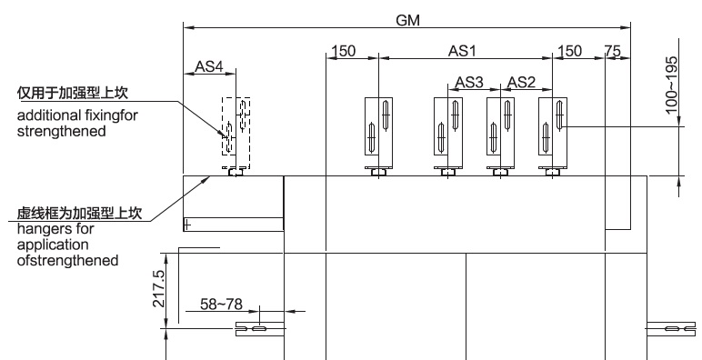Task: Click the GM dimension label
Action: coord(408,20)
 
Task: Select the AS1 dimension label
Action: coord(462,51)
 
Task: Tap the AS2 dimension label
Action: coord(521,83)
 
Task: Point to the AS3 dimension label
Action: coord(469,83)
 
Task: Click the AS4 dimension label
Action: coord(208,66)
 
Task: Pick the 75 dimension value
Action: coord(613,51)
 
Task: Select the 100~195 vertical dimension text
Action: coord(672,85)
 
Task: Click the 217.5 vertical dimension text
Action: coord(159,288)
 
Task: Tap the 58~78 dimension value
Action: coord(221,305)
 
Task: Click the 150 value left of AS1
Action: coord(343,51)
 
